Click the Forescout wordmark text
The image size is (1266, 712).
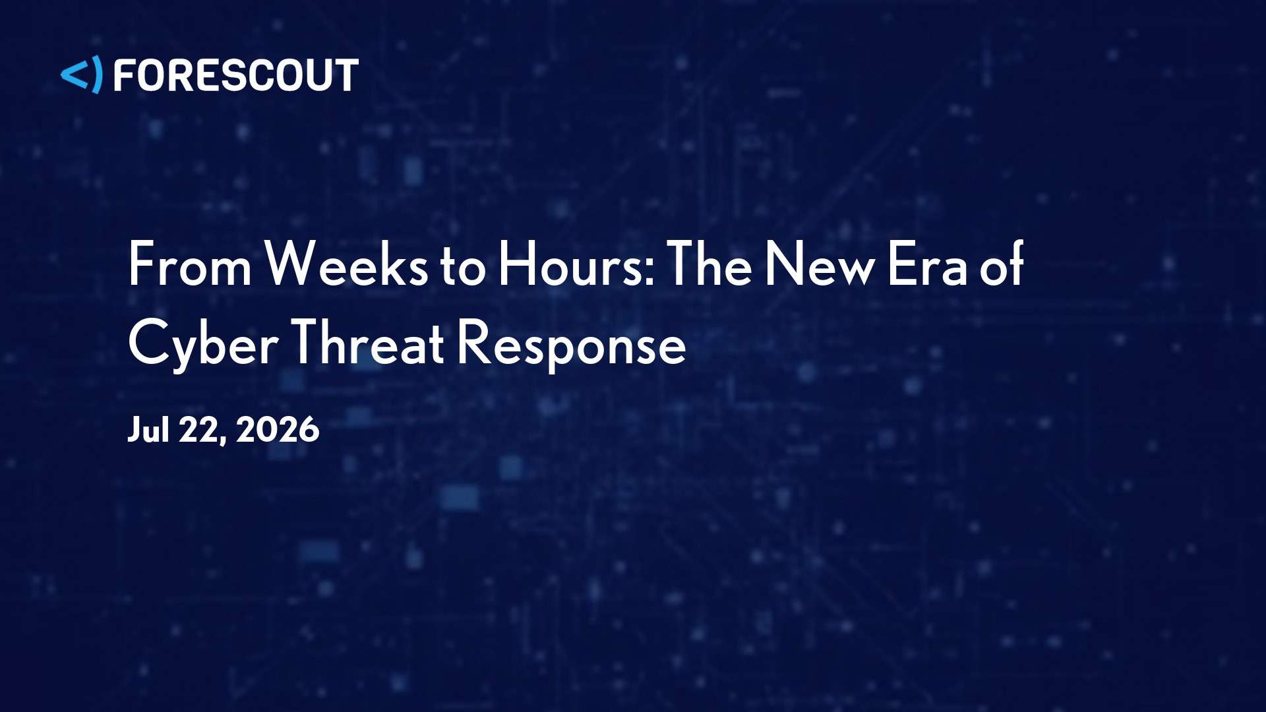pyautogui.click(x=236, y=74)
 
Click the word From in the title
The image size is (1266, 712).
pyautogui.click(x=190, y=264)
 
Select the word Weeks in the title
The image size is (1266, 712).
pyautogui.click(x=346, y=263)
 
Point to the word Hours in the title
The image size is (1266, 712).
pyautogui.click(x=571, y=263)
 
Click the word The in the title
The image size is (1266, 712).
pyautogui.click(x=709, y=263)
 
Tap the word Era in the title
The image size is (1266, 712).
pyautogui.click(x=928, y=264)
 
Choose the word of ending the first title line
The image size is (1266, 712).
pyautogui.click(x=1002, y=263)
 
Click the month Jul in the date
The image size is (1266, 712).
pyautogui.click(x=148, y=429)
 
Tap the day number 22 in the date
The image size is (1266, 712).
pyautogui.click(x=198, y=429)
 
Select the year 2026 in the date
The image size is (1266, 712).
pyautogui.click(x=278, y=429)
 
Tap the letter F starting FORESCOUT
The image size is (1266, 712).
pyautogui.click(x=124, y=74)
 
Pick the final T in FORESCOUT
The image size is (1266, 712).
pyautogui.click(x=347, y=74)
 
